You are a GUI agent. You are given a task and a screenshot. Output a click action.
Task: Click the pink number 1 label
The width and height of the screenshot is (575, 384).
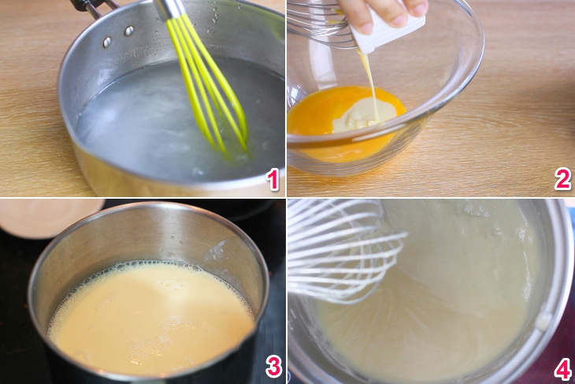[x=273, y=179]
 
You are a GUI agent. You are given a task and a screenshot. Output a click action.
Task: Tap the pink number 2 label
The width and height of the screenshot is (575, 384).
[x=563, y=179]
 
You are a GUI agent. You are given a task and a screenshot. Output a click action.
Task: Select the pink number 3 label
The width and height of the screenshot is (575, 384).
[x=274, y=367]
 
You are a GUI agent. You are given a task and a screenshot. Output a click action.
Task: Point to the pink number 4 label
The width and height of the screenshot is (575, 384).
[x=563, y=369]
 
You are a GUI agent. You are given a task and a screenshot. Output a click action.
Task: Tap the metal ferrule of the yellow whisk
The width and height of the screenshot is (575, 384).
[x=169, y=9]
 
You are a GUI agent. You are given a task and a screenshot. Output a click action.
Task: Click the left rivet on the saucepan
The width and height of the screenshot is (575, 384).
[x=107, y=42]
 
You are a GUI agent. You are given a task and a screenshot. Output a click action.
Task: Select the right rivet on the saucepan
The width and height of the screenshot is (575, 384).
[x=129, y=31]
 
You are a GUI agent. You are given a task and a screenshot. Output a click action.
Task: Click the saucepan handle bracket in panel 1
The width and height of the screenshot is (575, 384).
[x=95, y=7]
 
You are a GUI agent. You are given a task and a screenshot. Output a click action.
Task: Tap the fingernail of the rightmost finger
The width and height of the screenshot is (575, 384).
[x=419, y=8]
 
